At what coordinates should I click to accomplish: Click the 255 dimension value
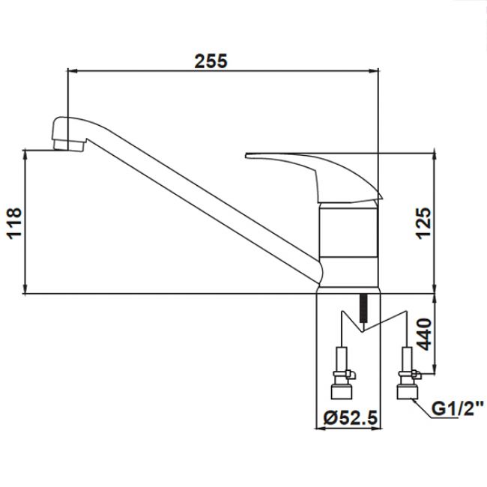(211, 61)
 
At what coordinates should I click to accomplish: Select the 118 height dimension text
(14, 223)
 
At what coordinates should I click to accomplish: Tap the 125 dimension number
(423, 223)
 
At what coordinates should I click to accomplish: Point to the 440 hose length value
(423, 334)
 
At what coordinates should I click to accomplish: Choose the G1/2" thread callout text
(458, 409)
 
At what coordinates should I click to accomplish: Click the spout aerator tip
(69, 145)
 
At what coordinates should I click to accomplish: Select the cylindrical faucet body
(349, 245)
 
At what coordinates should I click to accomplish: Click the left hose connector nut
(342, 392)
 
